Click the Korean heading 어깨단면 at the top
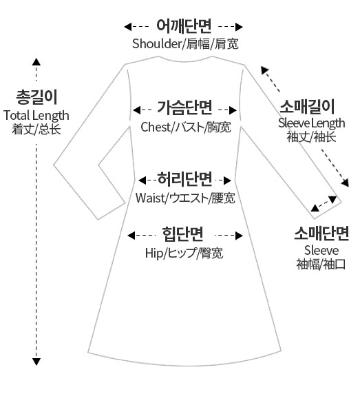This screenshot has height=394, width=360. click(184, 26)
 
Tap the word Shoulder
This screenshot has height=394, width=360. click(157, 43)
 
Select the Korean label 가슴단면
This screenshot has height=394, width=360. click(184, 108)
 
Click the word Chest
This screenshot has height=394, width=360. click(156, 127)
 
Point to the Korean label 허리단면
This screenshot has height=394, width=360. click(184, 179)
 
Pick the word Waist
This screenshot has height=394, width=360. click(150, 198)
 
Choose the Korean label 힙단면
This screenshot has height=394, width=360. click(183, 234)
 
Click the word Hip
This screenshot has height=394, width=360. click(154, 253)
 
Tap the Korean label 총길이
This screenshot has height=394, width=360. click(37, 97)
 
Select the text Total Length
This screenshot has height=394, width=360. click(36, 116)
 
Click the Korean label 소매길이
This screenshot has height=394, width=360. click(307, 107)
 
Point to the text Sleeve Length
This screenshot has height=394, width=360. click(312, 123)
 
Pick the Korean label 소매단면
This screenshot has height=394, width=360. click(321, 234)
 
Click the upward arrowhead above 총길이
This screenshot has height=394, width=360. click(36, 62)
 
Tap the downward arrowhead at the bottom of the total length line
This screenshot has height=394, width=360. click(36, 362)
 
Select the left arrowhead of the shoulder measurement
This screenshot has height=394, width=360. click(128, 27)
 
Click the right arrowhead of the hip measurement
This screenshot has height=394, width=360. click(240, 236)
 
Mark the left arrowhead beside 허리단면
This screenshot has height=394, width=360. click(142, 180)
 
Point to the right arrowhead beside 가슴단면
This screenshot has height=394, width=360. click(233, 110)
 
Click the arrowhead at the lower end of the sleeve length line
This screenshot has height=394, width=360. click(345, 183)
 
